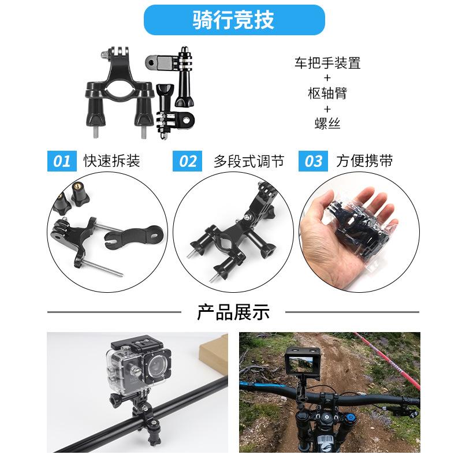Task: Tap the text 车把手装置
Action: tap(327, 63)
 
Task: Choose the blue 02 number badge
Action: tap(187, 161)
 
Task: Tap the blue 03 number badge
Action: tap(313, 161)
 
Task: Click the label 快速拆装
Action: tap(111, 161)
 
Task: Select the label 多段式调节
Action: tap(248, 161)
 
